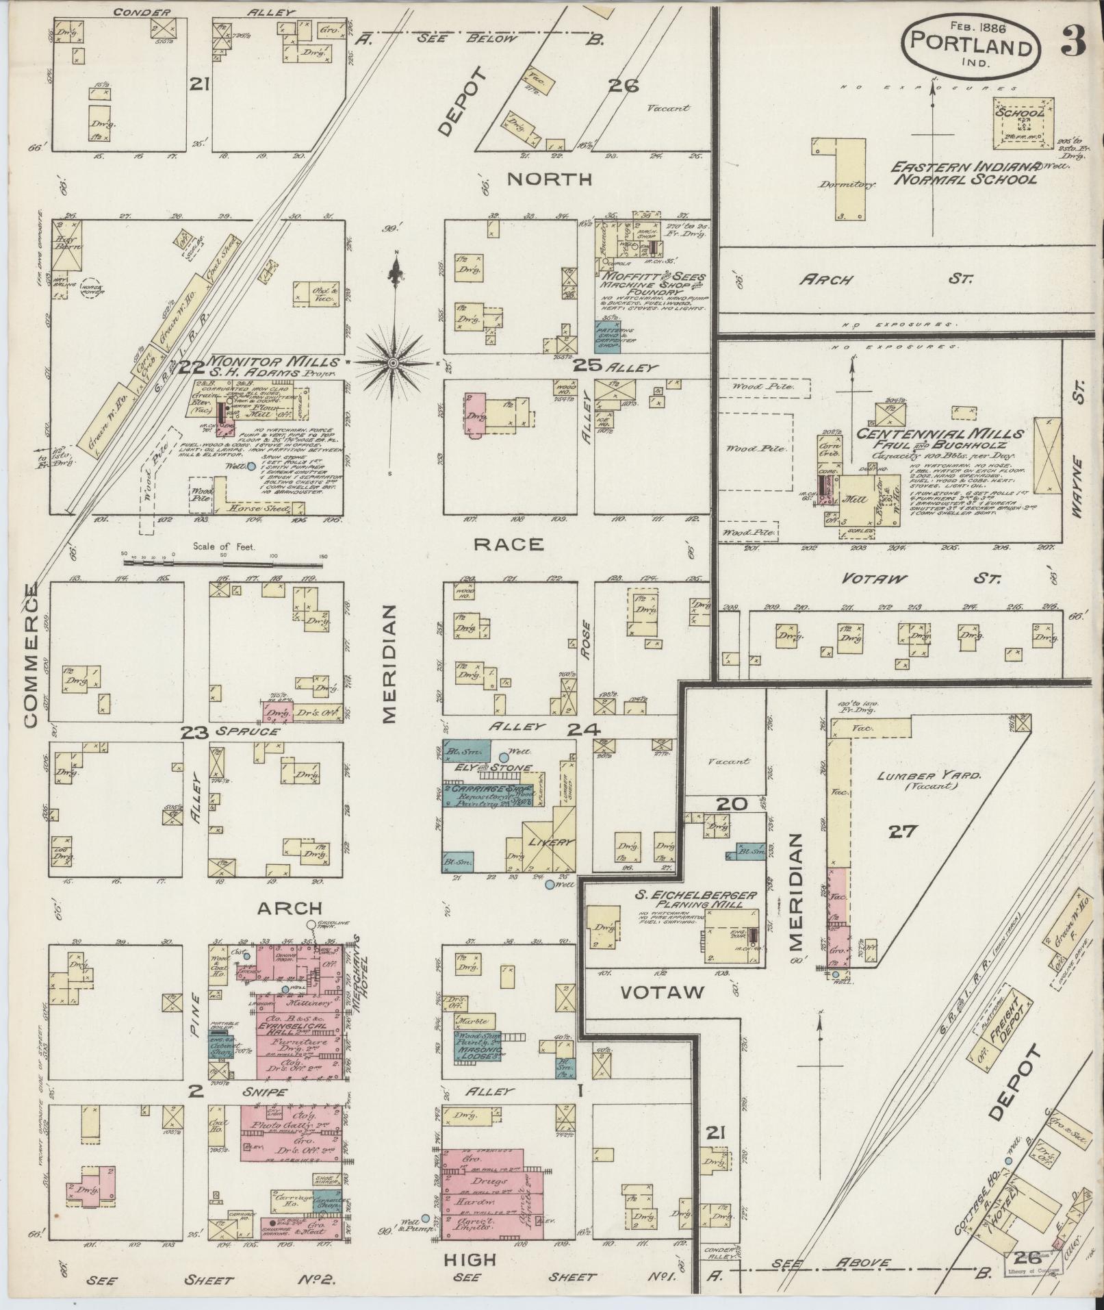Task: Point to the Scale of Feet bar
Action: [223, 564]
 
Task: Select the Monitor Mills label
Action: [274, 362]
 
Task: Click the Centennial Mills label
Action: [941, 434]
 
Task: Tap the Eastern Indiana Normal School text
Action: [964, 173]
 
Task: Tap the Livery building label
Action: [550, 842]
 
